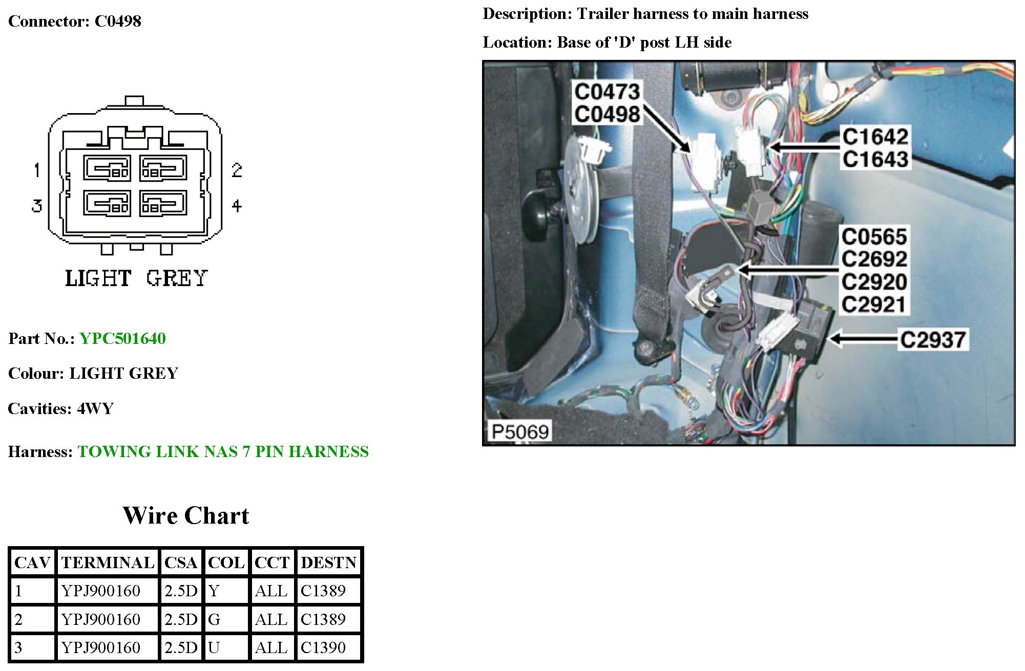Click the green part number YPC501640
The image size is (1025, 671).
[122, 338]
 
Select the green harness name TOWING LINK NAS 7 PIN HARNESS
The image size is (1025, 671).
[223, 451]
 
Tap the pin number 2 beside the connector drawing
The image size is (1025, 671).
[236, 170]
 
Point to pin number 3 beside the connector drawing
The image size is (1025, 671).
[36, 206]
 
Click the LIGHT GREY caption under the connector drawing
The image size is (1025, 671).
[136, 278]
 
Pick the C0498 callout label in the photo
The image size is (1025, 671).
[607, 114]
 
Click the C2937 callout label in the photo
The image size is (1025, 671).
[933, 339]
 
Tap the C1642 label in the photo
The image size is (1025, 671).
[875, 137]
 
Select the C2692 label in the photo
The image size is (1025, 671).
[874, 259]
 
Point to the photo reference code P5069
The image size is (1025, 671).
[520, 431]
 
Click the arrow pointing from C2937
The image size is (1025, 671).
[864, 339]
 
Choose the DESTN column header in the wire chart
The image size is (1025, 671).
[328, 562]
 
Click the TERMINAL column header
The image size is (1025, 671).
[108, 562]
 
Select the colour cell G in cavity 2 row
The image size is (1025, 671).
[214, 619]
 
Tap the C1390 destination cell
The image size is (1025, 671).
[323, 647]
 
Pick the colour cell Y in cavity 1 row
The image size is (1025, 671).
[214, 591]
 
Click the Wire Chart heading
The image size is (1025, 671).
[185, 515]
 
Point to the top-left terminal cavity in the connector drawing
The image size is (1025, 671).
[107, 168]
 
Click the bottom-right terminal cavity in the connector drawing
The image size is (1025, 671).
[163, 203]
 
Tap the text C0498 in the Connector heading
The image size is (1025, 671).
[118, 21]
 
